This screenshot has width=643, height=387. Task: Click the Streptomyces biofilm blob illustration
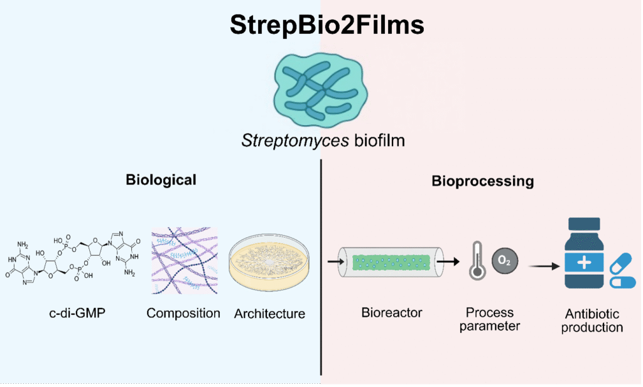[320, 88]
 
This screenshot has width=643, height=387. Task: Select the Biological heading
[161, 180]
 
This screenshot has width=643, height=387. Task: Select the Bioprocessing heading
[482, 181]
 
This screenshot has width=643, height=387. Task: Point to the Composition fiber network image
[184, 261]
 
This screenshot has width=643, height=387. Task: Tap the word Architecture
[269, 314]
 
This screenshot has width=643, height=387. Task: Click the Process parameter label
[490, 319]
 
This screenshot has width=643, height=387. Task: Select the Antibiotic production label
[592, 321]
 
